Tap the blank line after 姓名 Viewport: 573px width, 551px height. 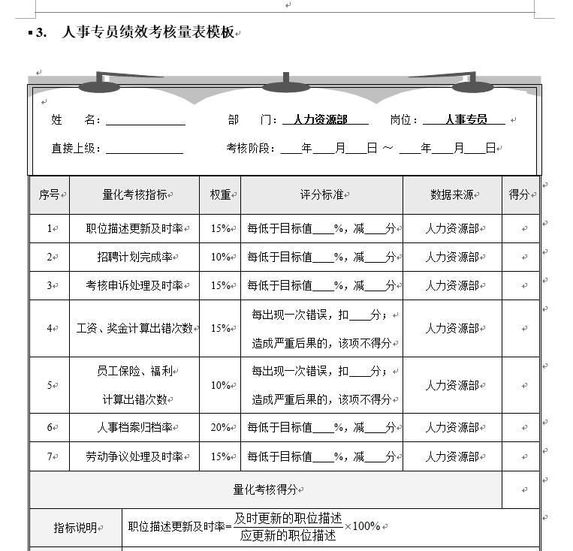coord(146,120)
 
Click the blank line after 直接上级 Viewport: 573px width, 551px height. coord(144,149)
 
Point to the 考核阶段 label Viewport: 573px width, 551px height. coord(251,149)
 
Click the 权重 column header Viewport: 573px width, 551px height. coord(220,194)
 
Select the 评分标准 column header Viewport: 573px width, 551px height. coord(321,194)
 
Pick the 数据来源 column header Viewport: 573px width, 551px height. coord(451,194)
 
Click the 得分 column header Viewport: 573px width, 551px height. coord(519,194)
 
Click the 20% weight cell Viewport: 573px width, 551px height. coord(220,427)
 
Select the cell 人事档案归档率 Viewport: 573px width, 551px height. coord(135,427)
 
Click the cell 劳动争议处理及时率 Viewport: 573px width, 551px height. coord(135,456)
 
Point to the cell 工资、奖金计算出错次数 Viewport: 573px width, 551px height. coord(135,328)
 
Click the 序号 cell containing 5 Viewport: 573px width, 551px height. coord(50,385)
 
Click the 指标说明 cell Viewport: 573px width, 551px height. coord(75,528)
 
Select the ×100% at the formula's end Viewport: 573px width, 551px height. coord(366,525)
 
